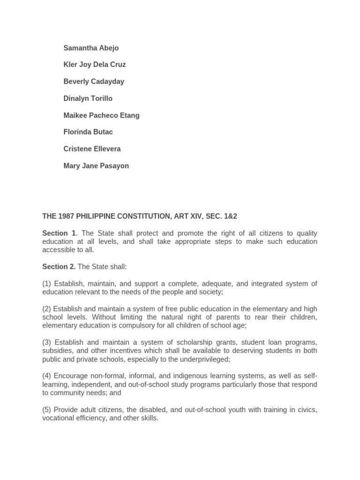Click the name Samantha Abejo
click(91, 48)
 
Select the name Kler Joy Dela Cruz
click(94, 65)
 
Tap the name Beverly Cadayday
click(94, 82)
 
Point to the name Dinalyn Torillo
click(88, 98)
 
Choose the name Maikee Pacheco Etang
click(101, 115)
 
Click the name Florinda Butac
click(88, 132)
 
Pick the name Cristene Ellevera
click(92, 149)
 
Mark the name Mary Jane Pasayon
click(96, 166)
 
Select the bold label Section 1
click(59, 233)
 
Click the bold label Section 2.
click(59, 267)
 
